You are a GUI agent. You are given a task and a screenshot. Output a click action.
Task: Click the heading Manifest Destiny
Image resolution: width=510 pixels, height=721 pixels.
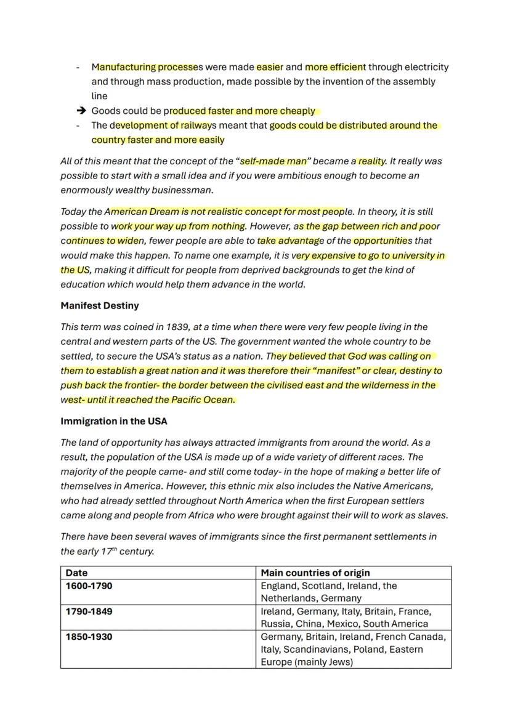99,305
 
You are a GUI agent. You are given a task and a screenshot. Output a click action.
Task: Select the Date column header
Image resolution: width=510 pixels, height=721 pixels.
76,573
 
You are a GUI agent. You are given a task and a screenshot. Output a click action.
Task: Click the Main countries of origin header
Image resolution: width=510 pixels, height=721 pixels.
315,573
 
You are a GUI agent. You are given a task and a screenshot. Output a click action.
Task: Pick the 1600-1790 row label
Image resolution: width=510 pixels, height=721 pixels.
89,586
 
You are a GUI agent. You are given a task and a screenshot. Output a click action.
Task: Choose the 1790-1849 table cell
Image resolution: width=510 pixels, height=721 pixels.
89,611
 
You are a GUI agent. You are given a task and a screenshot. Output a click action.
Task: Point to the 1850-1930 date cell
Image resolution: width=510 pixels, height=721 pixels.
89,637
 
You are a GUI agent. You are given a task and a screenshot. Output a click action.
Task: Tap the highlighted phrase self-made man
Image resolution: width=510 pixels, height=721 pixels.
273,161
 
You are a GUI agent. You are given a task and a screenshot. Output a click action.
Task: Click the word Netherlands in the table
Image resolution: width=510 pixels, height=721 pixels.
288,598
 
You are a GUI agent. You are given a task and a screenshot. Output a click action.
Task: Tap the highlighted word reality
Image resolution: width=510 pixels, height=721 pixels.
371,161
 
